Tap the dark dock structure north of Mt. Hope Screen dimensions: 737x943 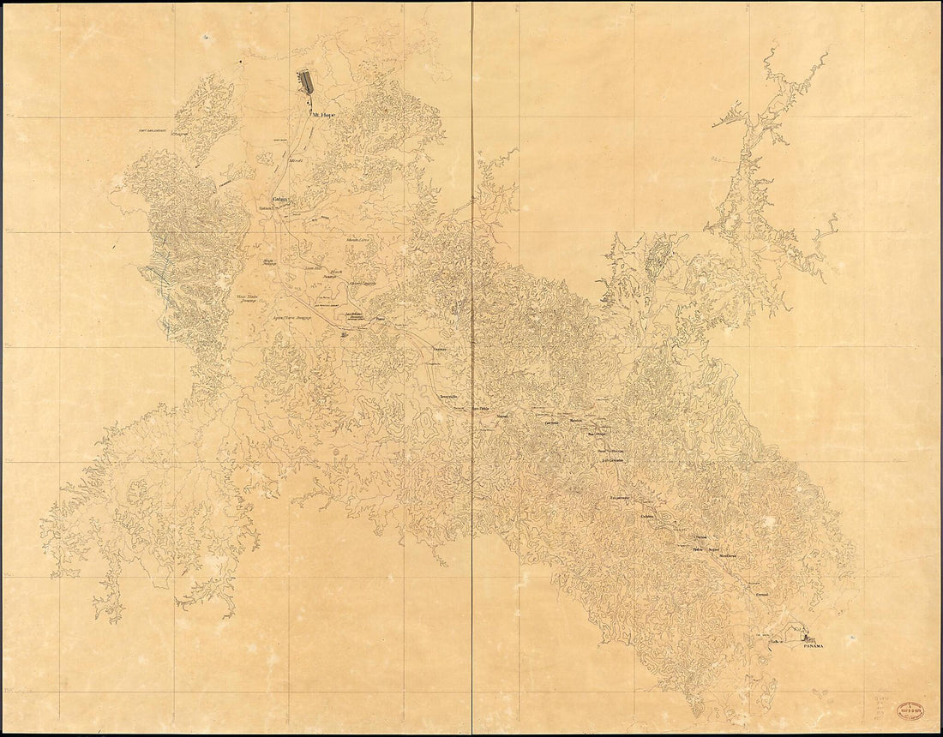(x=304, y=82)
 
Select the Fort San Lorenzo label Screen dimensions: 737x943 (x=159, y=130)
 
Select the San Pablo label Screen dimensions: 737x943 (x=484, y=409)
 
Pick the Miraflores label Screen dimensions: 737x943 (x=727, y=555)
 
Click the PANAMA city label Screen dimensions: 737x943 (x=813, y=646)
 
